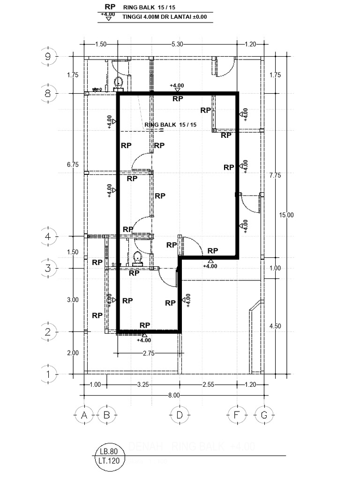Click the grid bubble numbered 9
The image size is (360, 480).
click(48, 56)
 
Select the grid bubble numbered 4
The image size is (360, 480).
click(48, 236)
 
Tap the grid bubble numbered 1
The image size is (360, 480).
click(48, 374)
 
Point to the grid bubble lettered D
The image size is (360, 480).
click(179, 415)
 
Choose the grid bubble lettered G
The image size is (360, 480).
click(264, 415)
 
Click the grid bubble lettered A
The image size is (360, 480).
click(84, 415)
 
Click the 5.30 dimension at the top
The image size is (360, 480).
click(177, 44)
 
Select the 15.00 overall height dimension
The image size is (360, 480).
click(287, 215)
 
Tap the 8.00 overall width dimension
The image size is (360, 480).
click(174, 395)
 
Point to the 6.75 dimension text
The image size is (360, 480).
click(73, 165)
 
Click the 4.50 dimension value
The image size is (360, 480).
click(275, 326)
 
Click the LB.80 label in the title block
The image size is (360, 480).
click(110, 451)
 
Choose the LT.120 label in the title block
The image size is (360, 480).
click(110, 460)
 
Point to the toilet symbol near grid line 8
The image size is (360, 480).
click(119, 82)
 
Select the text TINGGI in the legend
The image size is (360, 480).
click(133, 17)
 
